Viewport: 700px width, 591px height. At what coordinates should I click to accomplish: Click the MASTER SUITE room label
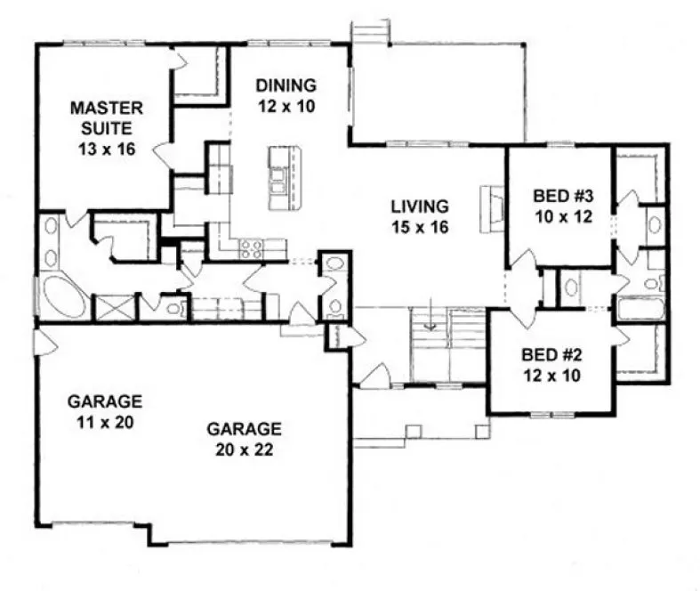coord(106,128)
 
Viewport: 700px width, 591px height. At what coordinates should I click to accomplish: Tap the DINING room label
coord(286,95)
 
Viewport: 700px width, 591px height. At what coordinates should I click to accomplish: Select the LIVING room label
coord(418,215)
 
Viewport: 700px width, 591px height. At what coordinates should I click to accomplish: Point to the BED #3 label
coord(559,206)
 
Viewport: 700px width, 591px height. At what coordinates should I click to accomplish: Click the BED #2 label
coord(552,364)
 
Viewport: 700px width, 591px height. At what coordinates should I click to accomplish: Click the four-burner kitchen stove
coord(251,249)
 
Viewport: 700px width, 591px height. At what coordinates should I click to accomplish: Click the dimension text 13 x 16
coord(106,149)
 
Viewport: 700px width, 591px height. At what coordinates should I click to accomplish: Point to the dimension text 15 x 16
coord(418,226)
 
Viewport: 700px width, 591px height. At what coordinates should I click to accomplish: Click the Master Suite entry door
coord(165,157)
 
